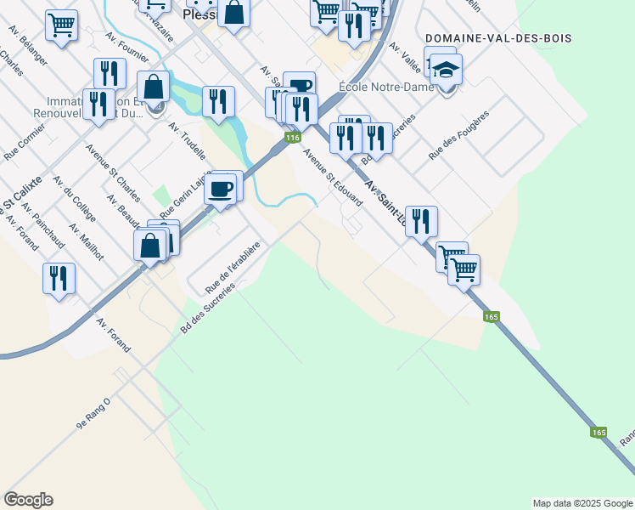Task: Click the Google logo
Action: click(x=29, y=499)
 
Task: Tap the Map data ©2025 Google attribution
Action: click(x=582, y=503)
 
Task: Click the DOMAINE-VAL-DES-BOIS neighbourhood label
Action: click(x=497, y=39)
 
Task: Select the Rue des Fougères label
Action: click(x=459, y=141)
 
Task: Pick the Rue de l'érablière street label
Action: click(x=231, y=267)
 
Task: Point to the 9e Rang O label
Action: click(x=93, y=412)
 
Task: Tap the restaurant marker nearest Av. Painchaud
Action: click(x=59, y=278)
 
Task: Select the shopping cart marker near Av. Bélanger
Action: click(x=61, y=25)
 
